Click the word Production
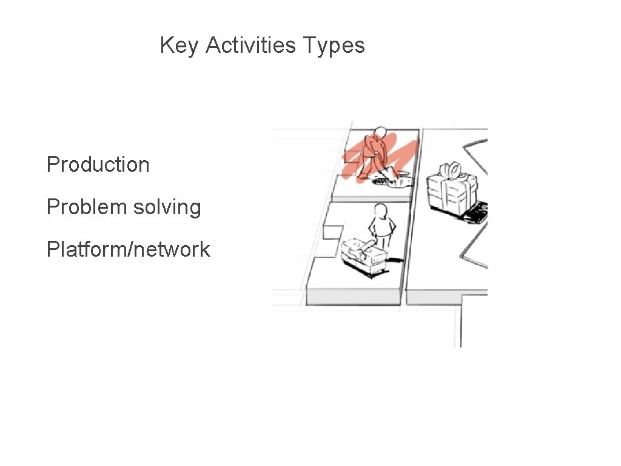pyautogui.click(x=98, y=164)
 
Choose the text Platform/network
pyautogui.click(x=128, y=249)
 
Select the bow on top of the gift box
pyautogui.click(x=451, y=167)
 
